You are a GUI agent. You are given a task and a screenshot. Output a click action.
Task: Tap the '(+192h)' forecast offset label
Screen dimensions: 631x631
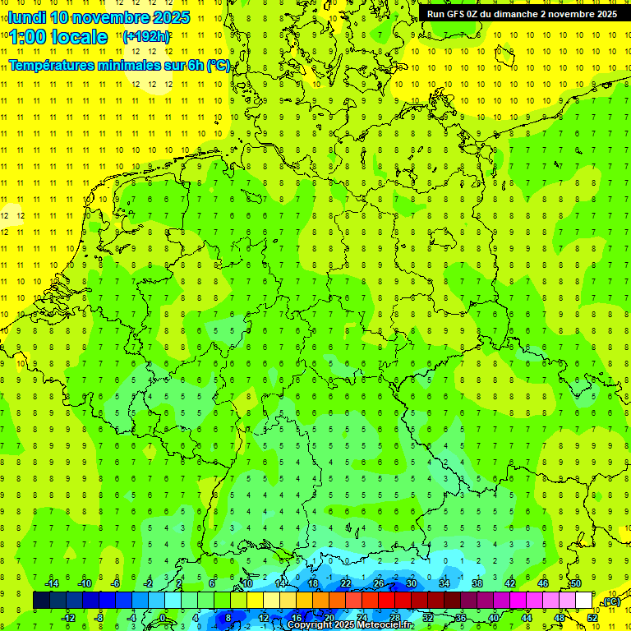pos(146,37)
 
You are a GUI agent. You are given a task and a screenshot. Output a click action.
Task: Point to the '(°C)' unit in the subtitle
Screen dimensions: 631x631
pos(218,66)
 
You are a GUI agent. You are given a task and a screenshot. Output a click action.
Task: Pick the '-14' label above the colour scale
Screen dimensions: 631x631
pos(51,583)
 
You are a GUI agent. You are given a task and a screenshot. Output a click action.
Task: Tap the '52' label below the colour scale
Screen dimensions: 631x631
pos(592,618)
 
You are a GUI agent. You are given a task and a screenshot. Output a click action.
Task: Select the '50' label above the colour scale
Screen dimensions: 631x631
pos(576,583)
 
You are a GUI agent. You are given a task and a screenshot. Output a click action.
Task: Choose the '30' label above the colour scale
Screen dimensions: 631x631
pos(412,583)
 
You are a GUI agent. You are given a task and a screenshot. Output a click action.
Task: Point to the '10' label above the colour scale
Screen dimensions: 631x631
pos(247,583)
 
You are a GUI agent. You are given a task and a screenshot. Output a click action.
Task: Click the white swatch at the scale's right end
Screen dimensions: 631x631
pos(583,601)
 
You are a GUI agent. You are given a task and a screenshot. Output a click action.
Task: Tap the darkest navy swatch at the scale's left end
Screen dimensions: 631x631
pos(41,601)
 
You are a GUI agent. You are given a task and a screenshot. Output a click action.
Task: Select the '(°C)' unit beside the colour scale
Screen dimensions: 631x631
pos(610,601)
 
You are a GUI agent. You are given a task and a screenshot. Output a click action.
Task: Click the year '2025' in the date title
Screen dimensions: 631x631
pos(171,17)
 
